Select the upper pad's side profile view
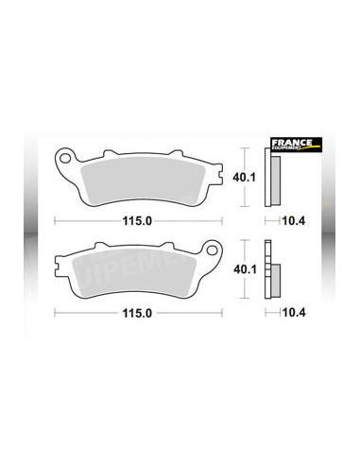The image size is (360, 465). [x=276, y=178]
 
